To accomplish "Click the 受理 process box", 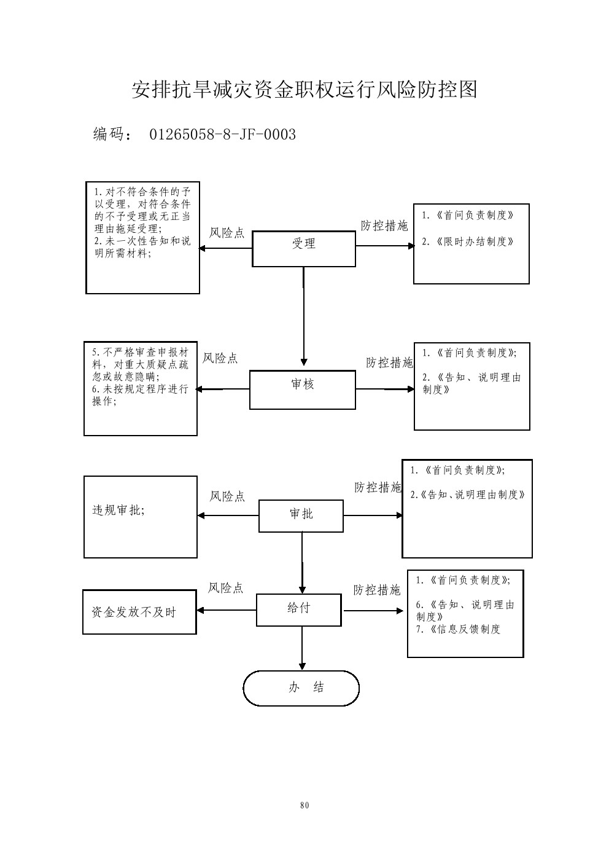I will [x=303, y=249].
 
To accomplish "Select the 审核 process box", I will [x=302, y=390].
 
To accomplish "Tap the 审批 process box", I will [x=301, y=515].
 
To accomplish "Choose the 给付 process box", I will [x=298, y=609].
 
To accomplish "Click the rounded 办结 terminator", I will [x=301, y=688].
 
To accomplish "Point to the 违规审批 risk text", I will [x=118, y=510].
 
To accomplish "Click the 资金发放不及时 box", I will [x=139, y=612].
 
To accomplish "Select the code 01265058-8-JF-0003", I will [x=222, y=135].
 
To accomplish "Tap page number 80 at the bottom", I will [x=304, y=805].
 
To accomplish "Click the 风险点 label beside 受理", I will [x=227, y=233].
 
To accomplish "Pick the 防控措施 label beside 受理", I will [x=384, y=226].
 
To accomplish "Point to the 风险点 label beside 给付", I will [x=225, y=588].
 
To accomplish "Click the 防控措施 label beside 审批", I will [x=378, y=488].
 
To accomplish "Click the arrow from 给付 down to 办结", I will [x=302, y=648].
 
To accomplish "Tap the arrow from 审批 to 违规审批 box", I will [x=228, y=515].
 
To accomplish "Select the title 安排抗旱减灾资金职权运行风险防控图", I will [x=304, y=90].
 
